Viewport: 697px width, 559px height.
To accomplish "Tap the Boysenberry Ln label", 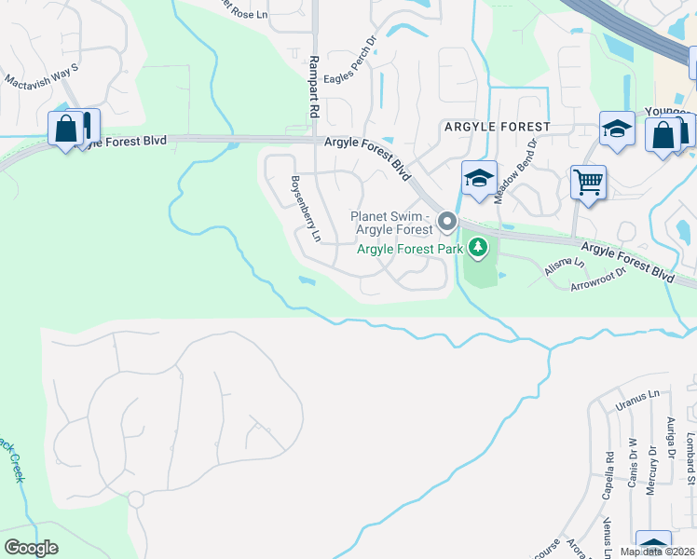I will point(306,209).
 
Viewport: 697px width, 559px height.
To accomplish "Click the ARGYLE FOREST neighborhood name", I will point(498,126).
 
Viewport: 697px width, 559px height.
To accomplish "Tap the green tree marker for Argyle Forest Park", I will point(478,247).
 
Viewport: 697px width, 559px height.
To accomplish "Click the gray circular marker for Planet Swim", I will point(446,223).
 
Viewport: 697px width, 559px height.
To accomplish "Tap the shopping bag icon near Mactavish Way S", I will point(66,129).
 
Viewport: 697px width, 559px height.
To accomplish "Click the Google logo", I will point(32,548).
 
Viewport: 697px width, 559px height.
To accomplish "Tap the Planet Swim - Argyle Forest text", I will point(390,223).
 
